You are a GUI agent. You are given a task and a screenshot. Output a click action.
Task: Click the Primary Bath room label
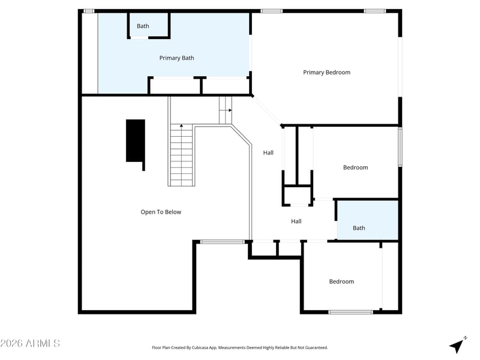[x=176, y=58]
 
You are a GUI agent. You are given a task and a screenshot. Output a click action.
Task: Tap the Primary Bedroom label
[x=326, y=72]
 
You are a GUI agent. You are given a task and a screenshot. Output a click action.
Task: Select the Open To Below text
[x=161, y=212]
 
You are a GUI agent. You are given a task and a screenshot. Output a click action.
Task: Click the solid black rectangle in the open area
[x=136, y=142]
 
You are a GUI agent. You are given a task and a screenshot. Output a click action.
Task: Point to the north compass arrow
[x=457, y=346]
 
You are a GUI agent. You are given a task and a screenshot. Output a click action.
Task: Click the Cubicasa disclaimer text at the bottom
[x=239, y=347]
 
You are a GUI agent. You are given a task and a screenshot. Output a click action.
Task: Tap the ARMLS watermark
[x=30, y=343]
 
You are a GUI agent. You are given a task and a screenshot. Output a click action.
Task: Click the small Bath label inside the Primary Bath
[x=143, y=26]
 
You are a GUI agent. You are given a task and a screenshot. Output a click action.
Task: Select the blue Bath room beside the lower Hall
[x=367, y=220]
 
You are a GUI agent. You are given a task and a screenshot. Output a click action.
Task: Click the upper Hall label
[x=268, y=152]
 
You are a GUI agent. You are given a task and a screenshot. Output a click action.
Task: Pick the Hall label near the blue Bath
[x=296, y=221]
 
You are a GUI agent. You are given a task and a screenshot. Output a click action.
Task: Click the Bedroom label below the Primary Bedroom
[x=355, y=167]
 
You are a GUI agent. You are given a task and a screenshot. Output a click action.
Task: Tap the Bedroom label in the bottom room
[x=341, y=281]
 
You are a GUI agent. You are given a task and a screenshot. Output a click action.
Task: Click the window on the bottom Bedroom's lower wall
[x=351, y=312]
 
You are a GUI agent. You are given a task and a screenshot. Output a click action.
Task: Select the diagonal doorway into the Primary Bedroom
[x=266, y=110]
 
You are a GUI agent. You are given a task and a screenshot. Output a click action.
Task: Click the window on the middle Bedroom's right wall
[x=400, y=146]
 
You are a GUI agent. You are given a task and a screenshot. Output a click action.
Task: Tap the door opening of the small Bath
[x=139, y=38]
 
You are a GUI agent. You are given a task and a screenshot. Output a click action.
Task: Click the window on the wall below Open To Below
[x=223, y=242]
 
